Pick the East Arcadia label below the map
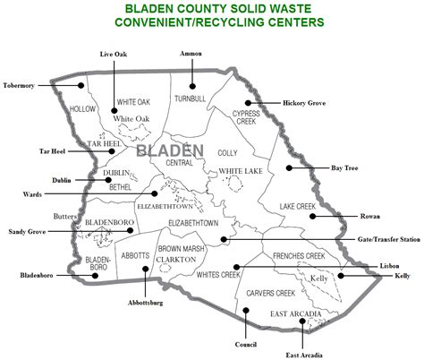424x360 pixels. [305, 355]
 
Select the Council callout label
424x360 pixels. [247, 343]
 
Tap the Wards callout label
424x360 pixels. [34, 193]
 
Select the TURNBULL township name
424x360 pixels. [190, 99]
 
